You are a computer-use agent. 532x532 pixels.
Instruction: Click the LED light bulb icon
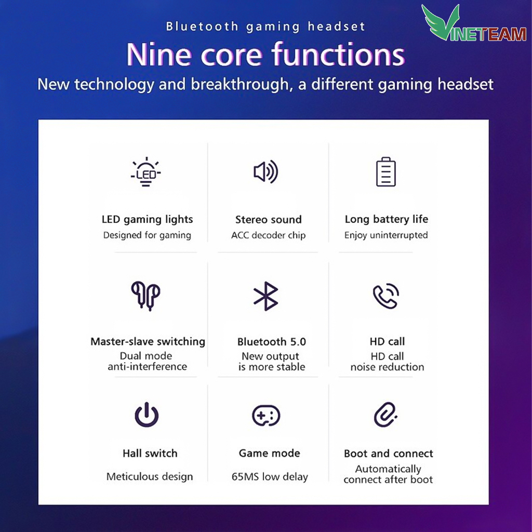pos(146,172)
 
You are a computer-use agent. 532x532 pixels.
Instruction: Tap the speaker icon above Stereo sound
pos(266,171)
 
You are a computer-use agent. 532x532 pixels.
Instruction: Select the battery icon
pos(386,171)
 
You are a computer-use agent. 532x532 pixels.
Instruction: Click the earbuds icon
pos(146,296)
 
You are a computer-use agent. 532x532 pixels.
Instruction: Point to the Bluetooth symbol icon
pos(266,296)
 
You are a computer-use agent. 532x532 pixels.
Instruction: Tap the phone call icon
pos(386,296)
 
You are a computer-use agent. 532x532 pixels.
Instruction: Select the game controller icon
pos(266,415)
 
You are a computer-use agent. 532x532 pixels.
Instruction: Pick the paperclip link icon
pos(386,415)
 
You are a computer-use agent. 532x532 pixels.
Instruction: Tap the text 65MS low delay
pos(270,477)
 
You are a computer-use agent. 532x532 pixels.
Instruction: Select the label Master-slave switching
pos(148,341)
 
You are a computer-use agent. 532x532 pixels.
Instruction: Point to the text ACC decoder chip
pos(269,235)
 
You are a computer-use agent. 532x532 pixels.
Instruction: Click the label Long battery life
pos(387,220)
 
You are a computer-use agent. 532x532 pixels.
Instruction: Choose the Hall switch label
pos(150,453)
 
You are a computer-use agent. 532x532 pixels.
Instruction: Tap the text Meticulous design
pos(150,477)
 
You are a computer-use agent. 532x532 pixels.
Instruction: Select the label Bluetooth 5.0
pos(272,342)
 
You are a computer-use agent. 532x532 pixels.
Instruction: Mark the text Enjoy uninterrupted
pos(386,235)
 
